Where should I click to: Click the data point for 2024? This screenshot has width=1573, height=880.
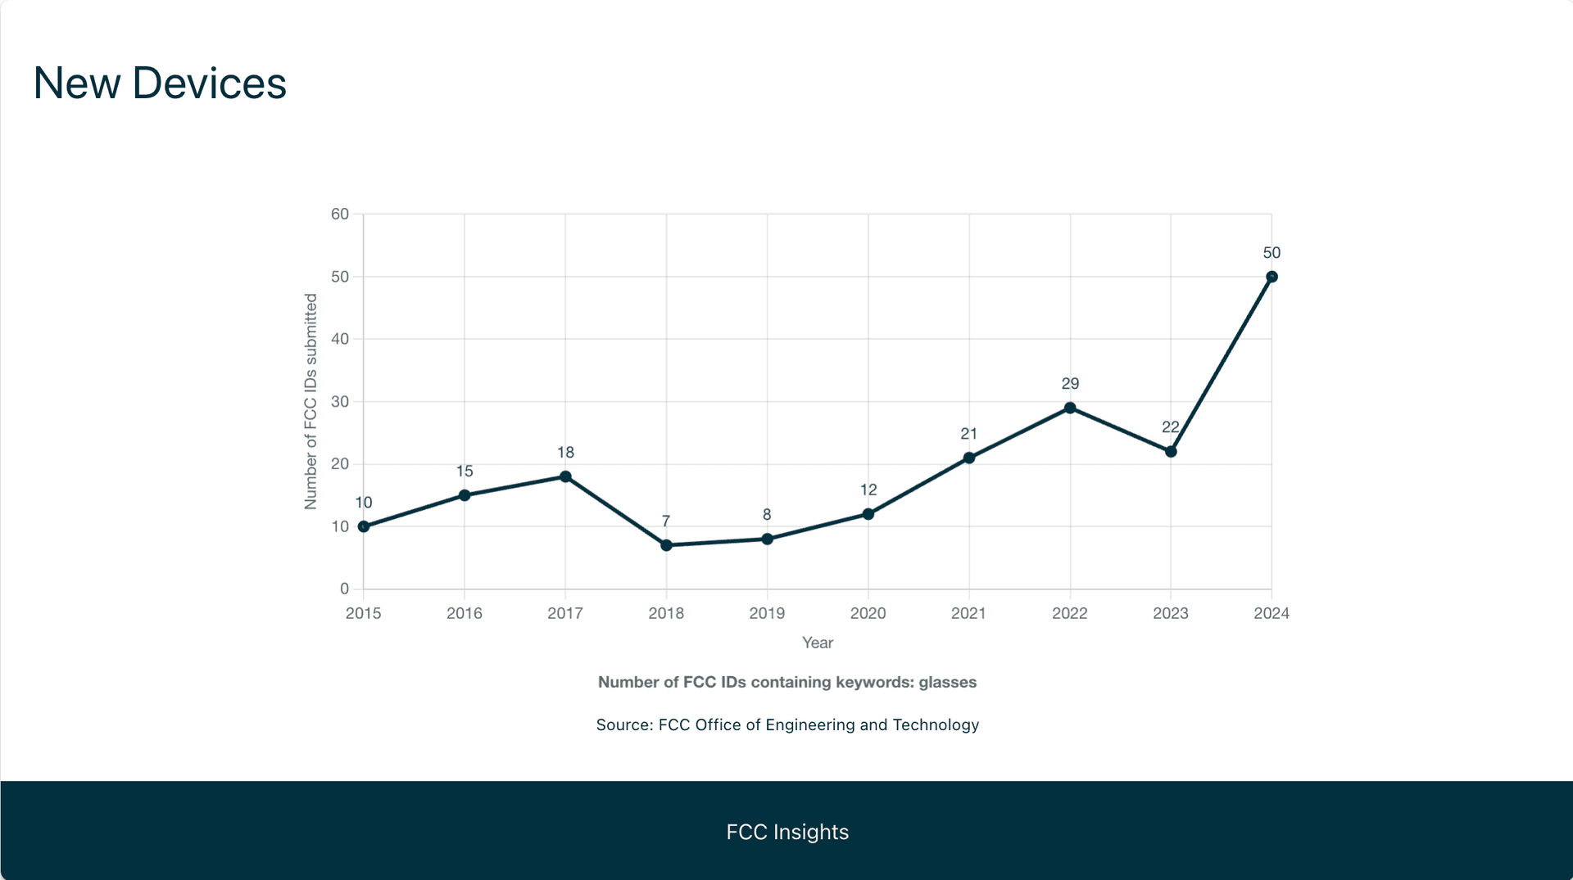[x=1272, y=277]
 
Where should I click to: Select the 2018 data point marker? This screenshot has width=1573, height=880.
[x=666, y=545]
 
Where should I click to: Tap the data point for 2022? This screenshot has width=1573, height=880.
[x=1070, y=408]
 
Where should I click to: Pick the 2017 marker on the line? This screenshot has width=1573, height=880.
[x=565, y=476]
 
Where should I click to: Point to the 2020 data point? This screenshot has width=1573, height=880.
[x=868, y=514]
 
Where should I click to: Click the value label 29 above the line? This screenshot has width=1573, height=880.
[x=1070, y=383]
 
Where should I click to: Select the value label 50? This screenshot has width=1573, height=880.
[x=1272, y=253]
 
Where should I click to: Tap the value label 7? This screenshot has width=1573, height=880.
[x=666, y=521]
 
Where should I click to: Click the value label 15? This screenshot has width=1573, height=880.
[x=465, y=471]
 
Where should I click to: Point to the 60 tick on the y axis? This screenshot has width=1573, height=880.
[x=340, y=214]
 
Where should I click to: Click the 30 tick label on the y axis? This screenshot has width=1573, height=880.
[x=340, y=401]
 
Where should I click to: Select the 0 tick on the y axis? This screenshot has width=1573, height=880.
[x=344, y=589]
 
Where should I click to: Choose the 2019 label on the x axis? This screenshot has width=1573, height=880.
[x=767, y=613]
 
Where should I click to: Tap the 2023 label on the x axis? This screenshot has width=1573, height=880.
[x=1171, y=613]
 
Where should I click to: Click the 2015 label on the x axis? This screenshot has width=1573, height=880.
[x=363, y=613]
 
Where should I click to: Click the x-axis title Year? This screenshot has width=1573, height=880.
[x=818, y=643]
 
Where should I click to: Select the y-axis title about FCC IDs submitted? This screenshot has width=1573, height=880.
[x=311, y=401]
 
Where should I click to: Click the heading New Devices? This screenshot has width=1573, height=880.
[x=160, y=83]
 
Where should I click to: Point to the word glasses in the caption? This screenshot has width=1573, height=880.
[x=947, y=682]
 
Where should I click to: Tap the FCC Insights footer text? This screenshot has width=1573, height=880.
[x=787, y=832]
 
